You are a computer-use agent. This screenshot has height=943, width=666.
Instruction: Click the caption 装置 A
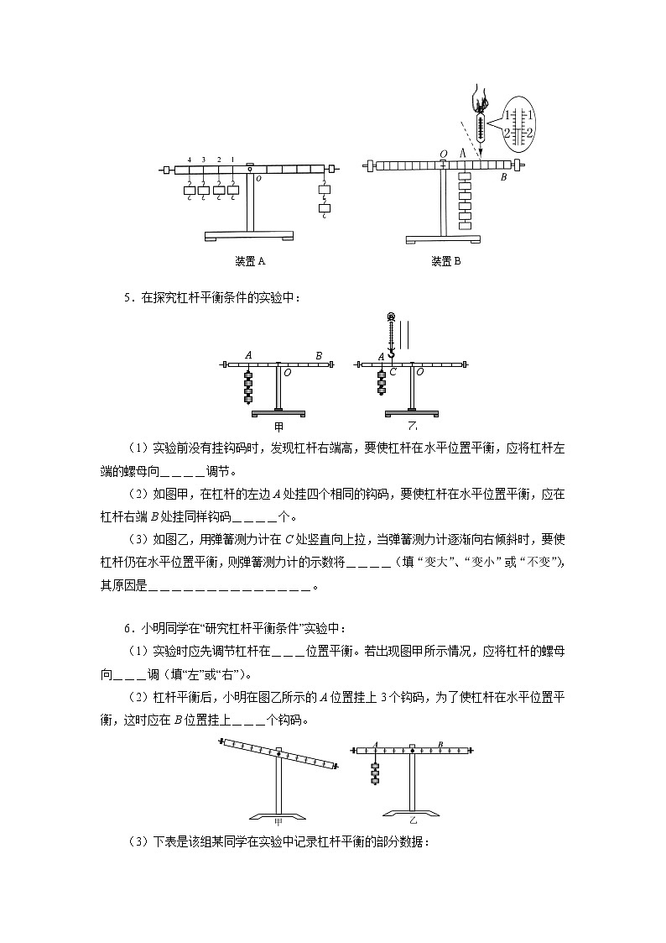tap(250, 261)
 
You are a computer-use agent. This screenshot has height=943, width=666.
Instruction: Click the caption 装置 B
tap(445, 261)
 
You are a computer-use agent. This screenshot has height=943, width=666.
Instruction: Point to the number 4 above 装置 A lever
tap(190, 160)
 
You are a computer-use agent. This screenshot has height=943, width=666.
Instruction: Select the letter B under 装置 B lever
tap(503, 178)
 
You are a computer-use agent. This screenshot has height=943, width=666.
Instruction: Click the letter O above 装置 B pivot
tap(444, 154)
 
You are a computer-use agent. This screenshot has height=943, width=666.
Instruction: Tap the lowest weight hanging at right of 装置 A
tap(325, 207)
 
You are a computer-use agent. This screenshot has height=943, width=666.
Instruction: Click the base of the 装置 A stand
tap(250, 236)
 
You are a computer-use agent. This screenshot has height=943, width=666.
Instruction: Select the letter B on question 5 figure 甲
tap(318, 356)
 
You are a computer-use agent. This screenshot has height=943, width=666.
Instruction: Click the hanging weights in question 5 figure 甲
tap(248, 386)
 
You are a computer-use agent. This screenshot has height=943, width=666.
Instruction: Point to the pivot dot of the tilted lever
tap(278, 754)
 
